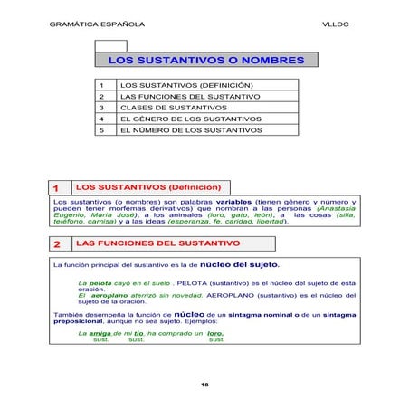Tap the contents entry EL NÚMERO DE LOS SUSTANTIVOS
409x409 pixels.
(192, 130)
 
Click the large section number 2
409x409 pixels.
(56, 244)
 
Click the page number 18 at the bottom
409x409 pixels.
(204, 385)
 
